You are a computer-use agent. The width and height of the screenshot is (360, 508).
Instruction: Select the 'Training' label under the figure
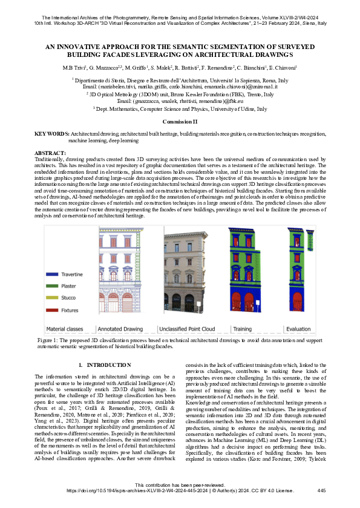click(x=243, y=329)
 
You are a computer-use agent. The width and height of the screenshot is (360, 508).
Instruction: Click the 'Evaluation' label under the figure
click(x=297, y=329)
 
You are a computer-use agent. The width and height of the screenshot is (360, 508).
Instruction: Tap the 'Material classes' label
click(x=65, y=329)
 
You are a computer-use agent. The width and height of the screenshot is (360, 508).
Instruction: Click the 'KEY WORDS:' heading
click(x=51, y=133)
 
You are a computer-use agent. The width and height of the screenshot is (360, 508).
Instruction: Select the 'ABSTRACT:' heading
click(x=50, y=153)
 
